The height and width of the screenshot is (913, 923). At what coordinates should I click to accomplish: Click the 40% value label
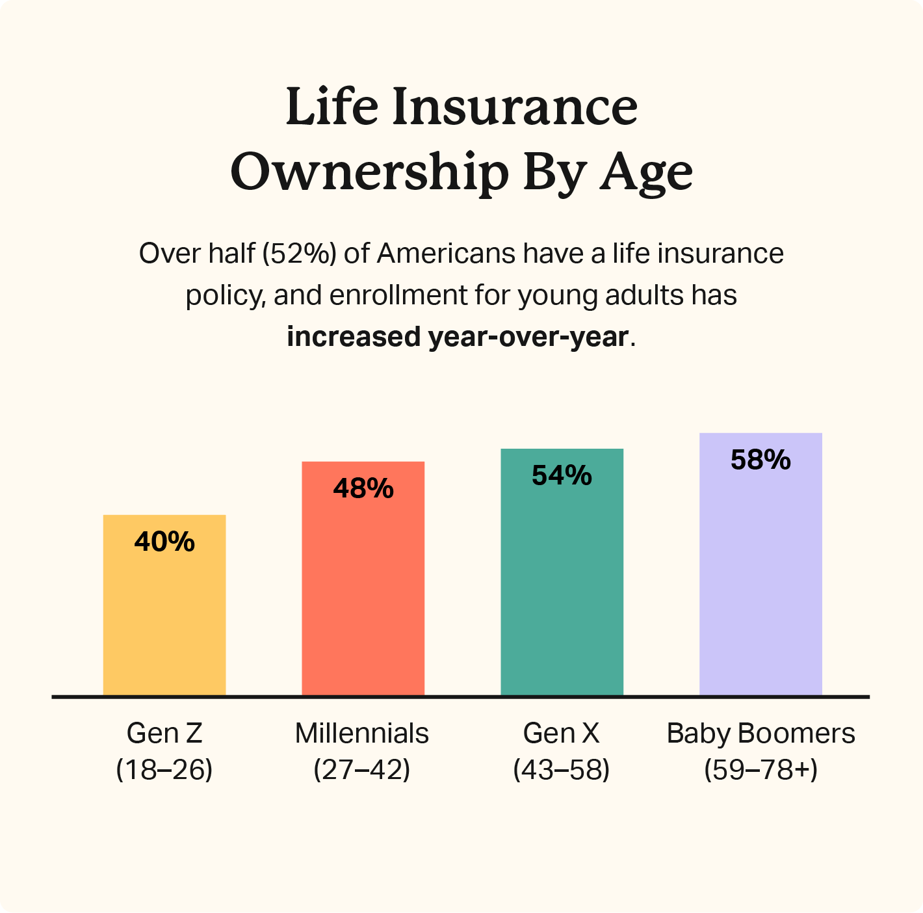pos(164,542)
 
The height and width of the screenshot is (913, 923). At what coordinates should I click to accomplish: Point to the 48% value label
pos(363,488)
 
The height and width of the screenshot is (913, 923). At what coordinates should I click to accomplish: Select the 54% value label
pos(562,475)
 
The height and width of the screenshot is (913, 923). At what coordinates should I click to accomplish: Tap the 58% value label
pos(760,460)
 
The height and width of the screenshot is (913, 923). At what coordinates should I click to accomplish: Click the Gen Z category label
pos(164,734)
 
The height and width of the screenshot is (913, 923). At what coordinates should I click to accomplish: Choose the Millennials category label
pos(362,734)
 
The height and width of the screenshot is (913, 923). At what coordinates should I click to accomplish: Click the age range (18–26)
pos(164,770)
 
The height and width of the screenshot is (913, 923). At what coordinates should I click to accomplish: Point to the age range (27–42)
pos(362,770)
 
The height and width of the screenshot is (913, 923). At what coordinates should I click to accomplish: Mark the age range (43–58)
pos(562,770)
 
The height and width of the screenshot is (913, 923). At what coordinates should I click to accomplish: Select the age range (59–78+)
pos(760,770)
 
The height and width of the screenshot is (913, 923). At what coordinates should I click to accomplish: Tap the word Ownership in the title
pos(370,173)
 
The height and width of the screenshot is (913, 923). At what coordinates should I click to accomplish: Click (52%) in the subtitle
pos(300,254)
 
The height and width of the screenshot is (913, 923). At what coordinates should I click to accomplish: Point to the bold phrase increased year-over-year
pos(458,337)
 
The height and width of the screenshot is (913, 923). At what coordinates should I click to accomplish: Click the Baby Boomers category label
pos(760,734)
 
